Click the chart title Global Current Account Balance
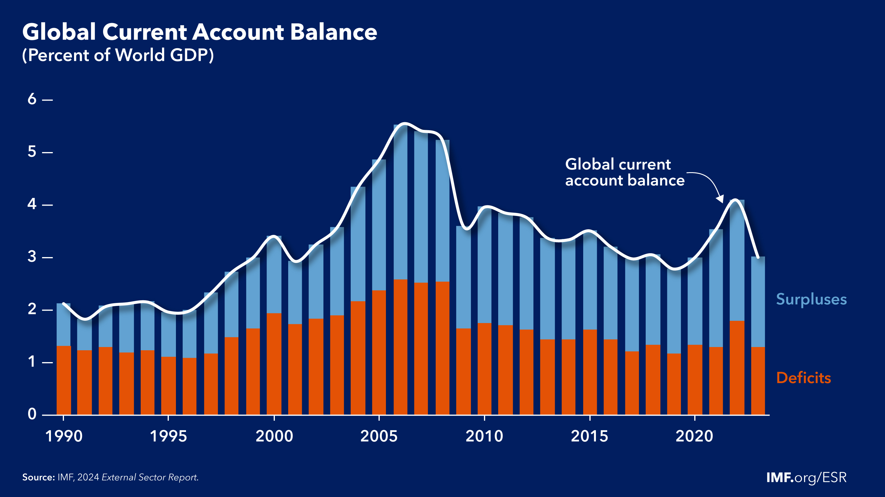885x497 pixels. pyautogui.click(x=200, y=32)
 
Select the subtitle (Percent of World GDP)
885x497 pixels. pyautogui.click(x=118, y=55)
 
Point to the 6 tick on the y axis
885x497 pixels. pyautogui.click(x=32, y=99)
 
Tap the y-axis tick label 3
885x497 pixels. pyautogui.click(x=32, y=257)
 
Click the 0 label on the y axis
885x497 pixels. pyautogui.click(x=32, y=414)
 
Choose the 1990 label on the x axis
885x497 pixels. pyautogui.click(x=64, y=437)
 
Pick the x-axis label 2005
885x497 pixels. pyautogui.click(x=379, y=437)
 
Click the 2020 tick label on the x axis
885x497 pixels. pyautogui.click(x=694, y=437)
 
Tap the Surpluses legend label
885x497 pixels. pyautogui.click(x=811, y=299)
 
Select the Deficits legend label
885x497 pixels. pyautogui.click(x=803, y=378)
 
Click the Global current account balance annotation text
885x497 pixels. pyautogui.click(x=624, y=172)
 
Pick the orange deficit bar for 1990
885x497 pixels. pyautogui.click(x=64, y=380)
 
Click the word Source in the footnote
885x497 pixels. pyautogui.click(x=38, y=477)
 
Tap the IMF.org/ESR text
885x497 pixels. pyautogui.click(x=806, y=477)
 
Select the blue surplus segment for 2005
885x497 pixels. pyautogui.click(x=379, y=225)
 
